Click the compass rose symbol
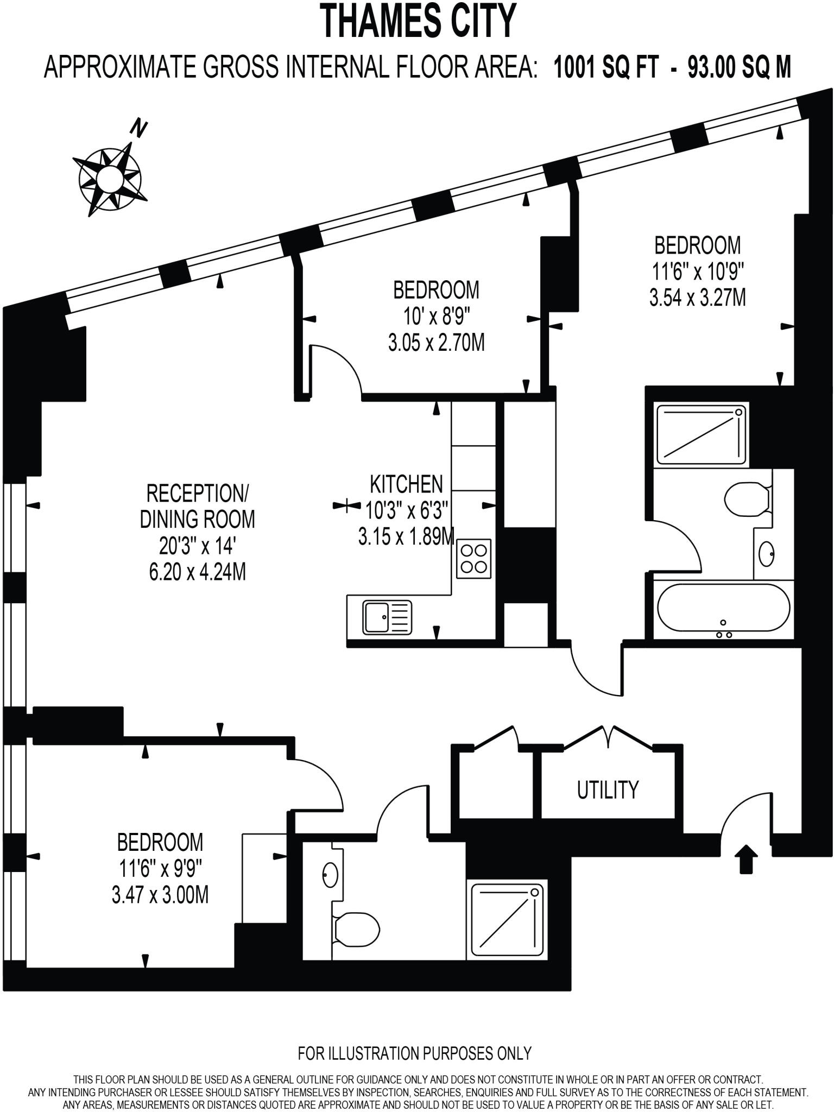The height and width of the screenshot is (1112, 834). pos(110,177)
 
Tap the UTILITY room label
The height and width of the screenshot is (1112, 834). pos(608,789)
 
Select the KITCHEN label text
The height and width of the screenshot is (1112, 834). pos(406,484)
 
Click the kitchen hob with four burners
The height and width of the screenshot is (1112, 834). pos(474,559)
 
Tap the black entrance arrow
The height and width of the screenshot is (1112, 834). pos(747,858)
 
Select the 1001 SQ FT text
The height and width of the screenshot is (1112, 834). pos(606,68)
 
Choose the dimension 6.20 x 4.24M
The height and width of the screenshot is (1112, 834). pos(197,572)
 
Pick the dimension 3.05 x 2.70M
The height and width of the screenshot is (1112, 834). pos(436,343)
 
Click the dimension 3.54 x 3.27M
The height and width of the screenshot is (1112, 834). pos(697,298)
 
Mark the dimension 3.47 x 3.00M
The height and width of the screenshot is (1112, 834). pos(160,894)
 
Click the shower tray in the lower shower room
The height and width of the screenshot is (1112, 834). pos(507,919)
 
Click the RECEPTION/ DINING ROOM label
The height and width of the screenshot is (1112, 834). pos(197,506)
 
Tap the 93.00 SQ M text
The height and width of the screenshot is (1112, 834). pos(739,68)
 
